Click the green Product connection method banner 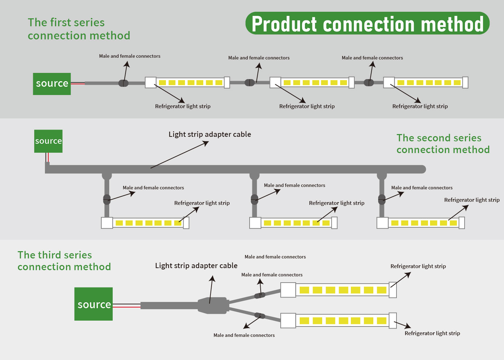[x=367, y=23]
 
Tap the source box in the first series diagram [x=52, y=84]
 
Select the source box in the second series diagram [x=48, y=141]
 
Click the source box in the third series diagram [x=94, y=304]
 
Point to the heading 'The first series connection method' [x=79, y=29]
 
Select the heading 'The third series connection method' [x=64, y=261]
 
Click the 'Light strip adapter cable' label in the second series [x=210, y=134]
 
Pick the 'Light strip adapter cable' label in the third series [x=196, y=266]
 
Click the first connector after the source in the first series [x=123, y=83]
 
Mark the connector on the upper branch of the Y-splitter [x=260, y=295]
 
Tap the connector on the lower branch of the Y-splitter [x=260, y=315]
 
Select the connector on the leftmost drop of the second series [x=107, y=199]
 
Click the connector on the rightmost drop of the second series [x=382, y=199]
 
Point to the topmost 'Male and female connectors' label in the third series [x=275, y=257]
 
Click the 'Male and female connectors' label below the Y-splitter [x=244, y=335]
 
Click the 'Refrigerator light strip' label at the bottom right [x=432, y=333]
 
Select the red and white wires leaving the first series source [x=78, y=83]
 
